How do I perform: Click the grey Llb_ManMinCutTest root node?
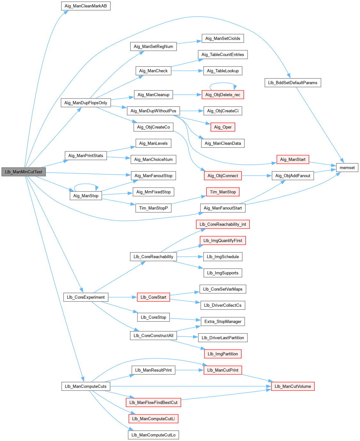pos(24,172)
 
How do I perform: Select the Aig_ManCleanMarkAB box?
pos(86,6)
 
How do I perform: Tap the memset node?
pos(347,168)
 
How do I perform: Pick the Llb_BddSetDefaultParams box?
pos(292,83)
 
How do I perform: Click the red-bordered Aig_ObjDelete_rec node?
pos(223,95)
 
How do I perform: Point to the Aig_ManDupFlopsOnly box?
pos(86,103)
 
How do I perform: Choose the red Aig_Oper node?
pos(223,127)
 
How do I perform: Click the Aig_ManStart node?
pos(292,159)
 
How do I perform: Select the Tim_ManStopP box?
pos(153,208)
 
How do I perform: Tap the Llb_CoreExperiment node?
pos(86,297)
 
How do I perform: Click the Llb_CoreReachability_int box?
pos(223,224)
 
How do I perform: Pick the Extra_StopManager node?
pos(223,321)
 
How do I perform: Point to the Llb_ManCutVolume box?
pos(292,386)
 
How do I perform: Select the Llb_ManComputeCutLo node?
pos(153,435)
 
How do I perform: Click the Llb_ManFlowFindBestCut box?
pos(153,402)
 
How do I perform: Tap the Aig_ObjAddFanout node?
pos(292,176)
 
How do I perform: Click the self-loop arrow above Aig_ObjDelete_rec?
pos(223,83)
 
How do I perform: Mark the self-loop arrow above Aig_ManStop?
pos(86,184)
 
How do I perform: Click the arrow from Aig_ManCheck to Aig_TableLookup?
pos(187,71)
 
